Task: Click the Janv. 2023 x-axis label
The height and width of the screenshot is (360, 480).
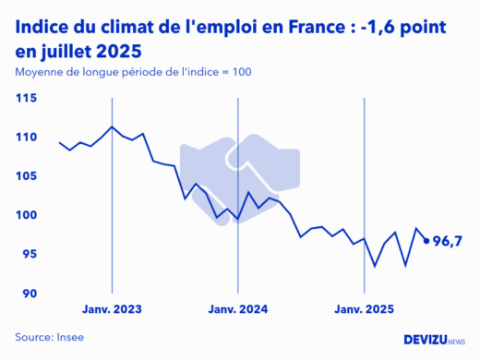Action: [112, 311]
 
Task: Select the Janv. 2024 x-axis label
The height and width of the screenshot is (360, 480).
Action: [238, 311]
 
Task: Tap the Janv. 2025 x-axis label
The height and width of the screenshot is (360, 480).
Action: [365, 311]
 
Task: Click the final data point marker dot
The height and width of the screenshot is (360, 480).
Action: [426, 241]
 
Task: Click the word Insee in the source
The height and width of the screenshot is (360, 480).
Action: [69, 337]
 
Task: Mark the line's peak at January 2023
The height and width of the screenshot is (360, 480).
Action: [112, 126]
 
